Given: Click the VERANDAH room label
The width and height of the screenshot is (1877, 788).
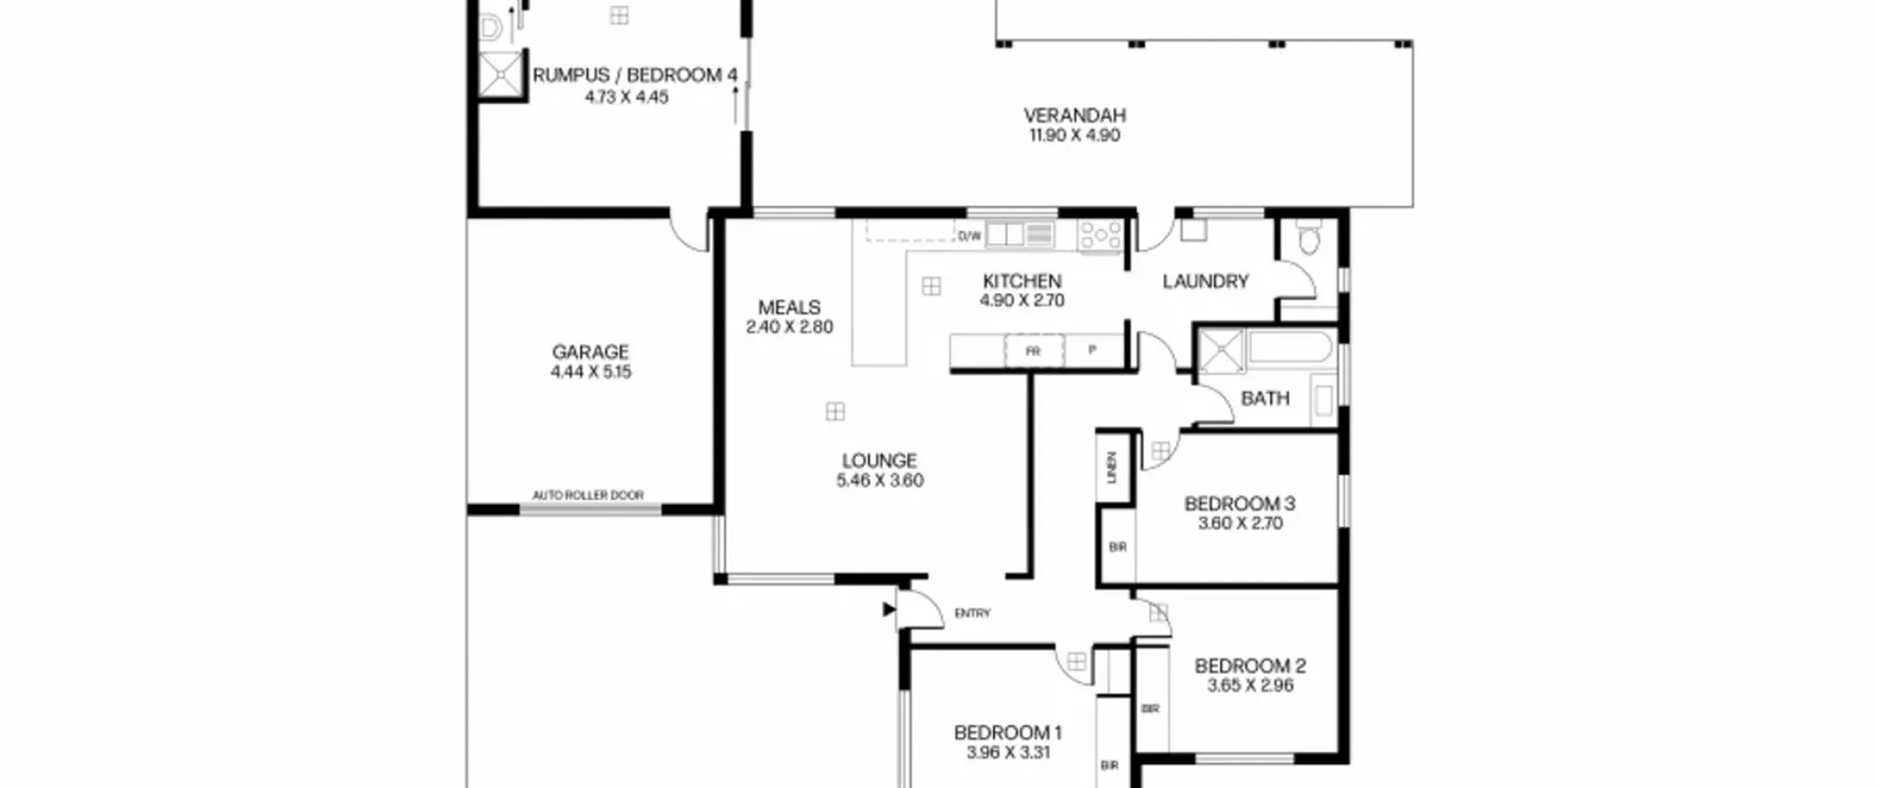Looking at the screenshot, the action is pos(1074,115).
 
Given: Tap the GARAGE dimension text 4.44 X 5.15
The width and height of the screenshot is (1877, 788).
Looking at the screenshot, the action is pos(590,372).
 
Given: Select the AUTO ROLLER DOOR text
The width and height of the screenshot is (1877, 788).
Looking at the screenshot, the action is pos(588,496).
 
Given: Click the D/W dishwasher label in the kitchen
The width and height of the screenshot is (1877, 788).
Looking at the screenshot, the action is pos(969,236).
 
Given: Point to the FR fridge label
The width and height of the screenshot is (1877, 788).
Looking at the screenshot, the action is pos(1033,352).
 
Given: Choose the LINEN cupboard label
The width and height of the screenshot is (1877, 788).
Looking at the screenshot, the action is pos(1112,467).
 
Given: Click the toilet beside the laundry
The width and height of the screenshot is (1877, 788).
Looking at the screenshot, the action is pos(1308,237).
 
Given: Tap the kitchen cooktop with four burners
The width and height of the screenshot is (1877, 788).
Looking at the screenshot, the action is pos(1100,237).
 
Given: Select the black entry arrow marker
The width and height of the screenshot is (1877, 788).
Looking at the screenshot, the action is pos(889,609).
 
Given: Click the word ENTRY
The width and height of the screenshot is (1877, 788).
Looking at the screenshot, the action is pos(972,613).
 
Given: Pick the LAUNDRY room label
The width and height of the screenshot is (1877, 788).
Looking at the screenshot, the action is pos(1205,281).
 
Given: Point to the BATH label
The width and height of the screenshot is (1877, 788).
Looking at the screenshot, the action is pos(1265,399).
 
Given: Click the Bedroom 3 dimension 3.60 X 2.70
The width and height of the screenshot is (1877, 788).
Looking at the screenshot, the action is pos(1240,523).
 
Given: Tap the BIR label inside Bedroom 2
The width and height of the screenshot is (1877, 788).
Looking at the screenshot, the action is pos(1150,709).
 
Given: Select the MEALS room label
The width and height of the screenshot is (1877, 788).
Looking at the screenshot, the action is pos(789,307).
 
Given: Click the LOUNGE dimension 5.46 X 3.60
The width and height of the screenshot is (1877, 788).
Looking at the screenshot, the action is pos(879,480).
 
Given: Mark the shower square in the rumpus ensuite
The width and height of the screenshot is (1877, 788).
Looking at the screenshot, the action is pos(502,73).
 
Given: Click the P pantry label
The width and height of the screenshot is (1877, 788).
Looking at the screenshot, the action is pos(1092,350).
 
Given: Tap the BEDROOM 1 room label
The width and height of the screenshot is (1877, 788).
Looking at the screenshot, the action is pos(1007,732).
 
